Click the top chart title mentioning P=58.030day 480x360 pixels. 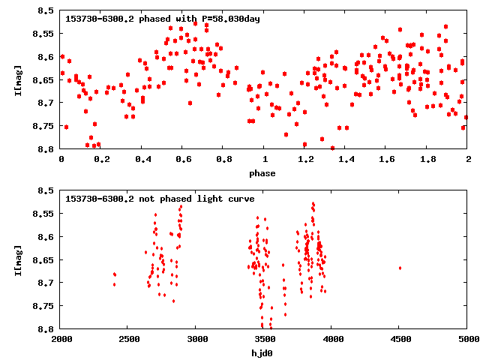[x=163, y=19]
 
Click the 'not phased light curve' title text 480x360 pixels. [x=160, y=199]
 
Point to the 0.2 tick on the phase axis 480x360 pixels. [x=101, y=160]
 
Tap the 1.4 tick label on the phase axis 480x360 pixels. [x=346, y=160]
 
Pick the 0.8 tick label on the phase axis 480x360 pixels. [x=223, y=160]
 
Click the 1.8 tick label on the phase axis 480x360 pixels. [x=427, y=160]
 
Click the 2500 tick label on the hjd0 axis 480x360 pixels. [x=128, y=340]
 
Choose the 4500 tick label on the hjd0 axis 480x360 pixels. [x=400, y=340]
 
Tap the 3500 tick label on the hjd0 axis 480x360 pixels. [x=264, y=340]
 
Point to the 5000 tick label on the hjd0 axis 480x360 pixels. [x=466, y=340]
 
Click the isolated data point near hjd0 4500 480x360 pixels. [x=400, y=268]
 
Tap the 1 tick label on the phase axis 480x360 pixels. [x=264, y=160]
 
